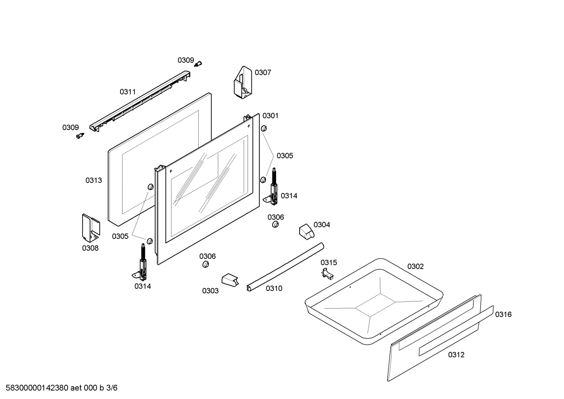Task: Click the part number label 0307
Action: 263,72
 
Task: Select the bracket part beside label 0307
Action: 243,82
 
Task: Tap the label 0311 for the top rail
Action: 128,92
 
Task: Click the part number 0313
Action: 93,180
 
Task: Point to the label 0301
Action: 270,116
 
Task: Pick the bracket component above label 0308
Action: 91,228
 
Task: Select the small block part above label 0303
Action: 230,280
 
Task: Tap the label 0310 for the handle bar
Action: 274,288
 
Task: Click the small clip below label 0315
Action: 327,274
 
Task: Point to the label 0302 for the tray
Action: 415,266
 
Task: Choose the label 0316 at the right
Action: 503,314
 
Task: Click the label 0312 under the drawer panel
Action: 456,355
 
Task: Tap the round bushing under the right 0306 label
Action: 275,224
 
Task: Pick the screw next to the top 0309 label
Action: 198,64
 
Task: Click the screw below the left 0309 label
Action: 80,136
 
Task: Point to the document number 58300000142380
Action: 37,388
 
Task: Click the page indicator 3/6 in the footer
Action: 112,388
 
